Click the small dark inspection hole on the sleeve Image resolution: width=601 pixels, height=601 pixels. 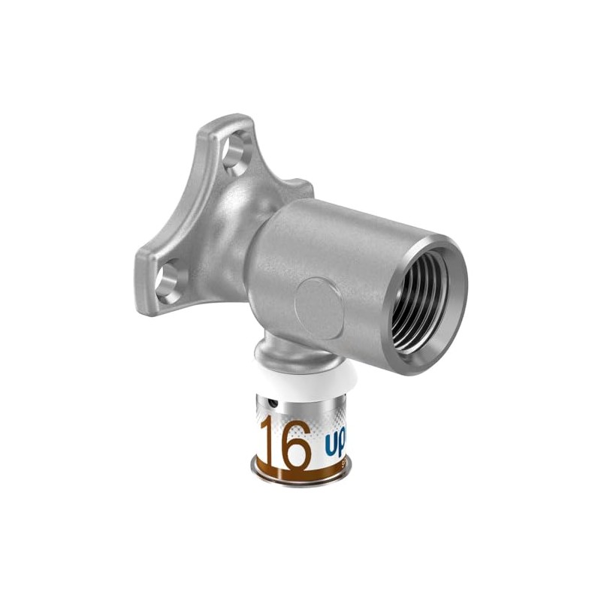[x=272, y=403]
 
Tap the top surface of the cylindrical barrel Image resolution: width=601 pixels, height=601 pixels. [x=353, y=218]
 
